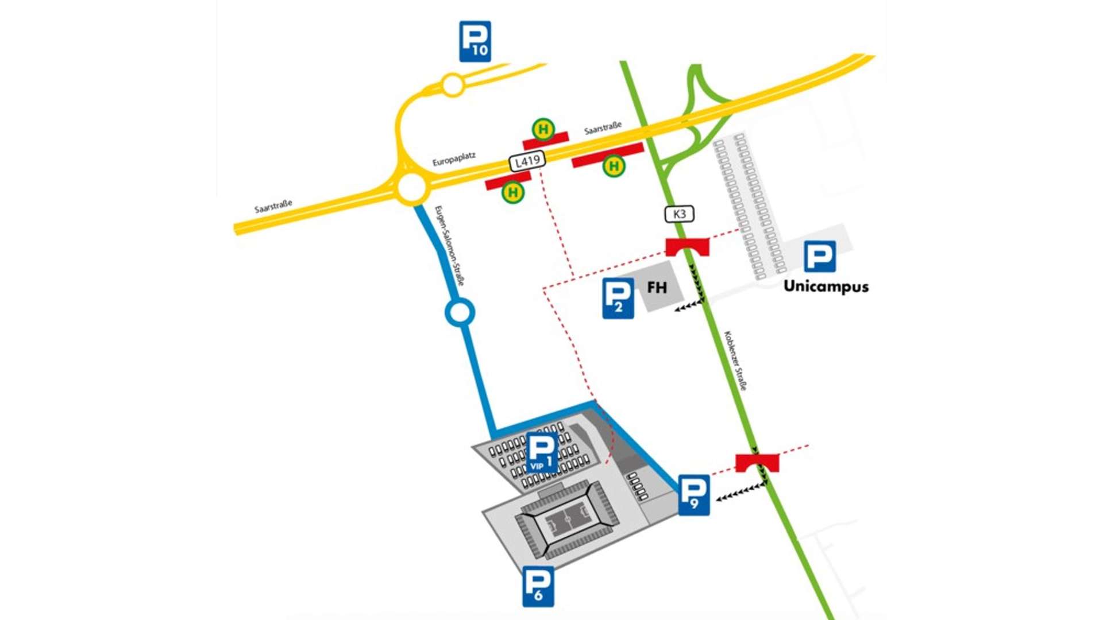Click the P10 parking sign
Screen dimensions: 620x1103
tap(475, 41)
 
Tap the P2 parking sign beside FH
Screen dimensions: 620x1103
tap(618, 298)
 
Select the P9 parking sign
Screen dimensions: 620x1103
tap(694, 495)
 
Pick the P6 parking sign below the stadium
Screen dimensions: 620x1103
tap(538, 586)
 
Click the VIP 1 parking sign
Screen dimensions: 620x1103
tap(542, 452)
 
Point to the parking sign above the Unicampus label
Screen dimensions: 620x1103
tap(819, 257)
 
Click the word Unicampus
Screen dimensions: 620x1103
tap(826, 286)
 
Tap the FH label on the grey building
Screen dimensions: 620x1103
tap(657, 287)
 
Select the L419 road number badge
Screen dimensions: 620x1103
tap(527, 161)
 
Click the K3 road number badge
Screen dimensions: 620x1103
tap(679, 214)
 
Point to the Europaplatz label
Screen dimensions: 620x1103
tap(454, 159)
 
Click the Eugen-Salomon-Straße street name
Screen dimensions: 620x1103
tap(449, 246)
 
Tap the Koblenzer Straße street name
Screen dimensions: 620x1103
tap(735, 361)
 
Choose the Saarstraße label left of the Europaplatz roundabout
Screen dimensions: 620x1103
tap(273, 206)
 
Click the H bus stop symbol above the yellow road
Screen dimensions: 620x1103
tap(543, 129)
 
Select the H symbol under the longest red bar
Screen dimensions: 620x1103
tap(614, 166)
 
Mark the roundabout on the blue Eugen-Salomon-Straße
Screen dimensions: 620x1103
tap(460, 313)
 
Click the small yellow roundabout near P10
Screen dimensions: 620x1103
tap(453, 86)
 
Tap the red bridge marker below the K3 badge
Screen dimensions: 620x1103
tap(687, 247)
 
